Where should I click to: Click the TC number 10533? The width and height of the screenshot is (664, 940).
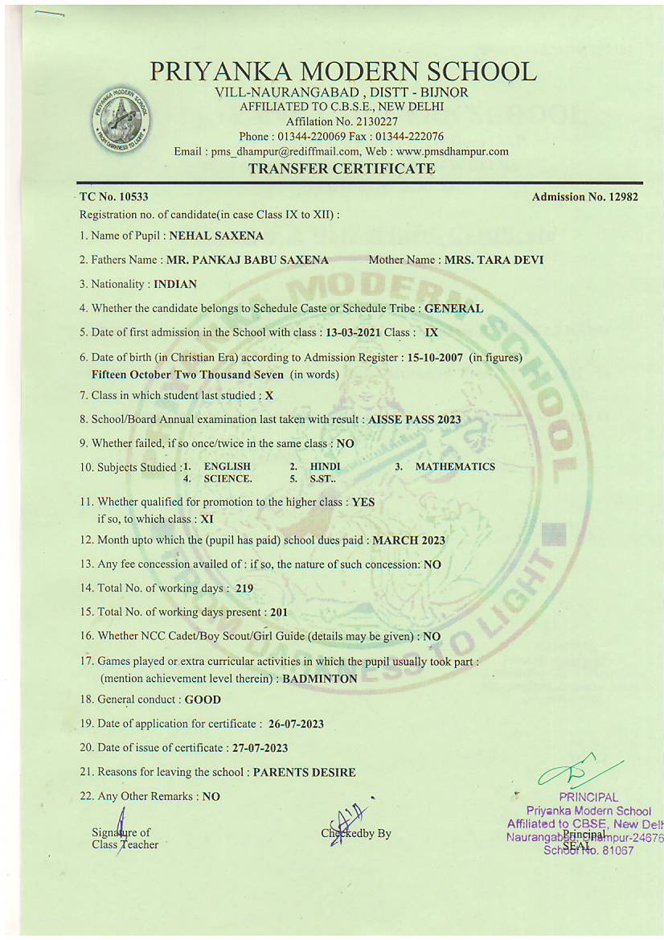(x=125, y=197)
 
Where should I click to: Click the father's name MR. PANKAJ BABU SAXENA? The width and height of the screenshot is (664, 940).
(x=248, y=260)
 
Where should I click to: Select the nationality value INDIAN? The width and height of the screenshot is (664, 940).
(x=175, y=284)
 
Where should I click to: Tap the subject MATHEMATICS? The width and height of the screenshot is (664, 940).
(x=455, y=466)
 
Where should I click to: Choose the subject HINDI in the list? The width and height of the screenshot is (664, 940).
(x=325, y=466)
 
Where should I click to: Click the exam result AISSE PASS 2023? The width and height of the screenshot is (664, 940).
(x=415, y=419)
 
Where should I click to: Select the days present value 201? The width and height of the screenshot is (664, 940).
(x=279, y=612)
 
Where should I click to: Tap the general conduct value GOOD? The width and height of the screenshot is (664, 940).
(x=203, y=700)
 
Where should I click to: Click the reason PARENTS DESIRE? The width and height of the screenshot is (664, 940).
(x=304, y=772)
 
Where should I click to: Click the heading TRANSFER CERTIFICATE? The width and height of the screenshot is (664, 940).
(x=342, y=169)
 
